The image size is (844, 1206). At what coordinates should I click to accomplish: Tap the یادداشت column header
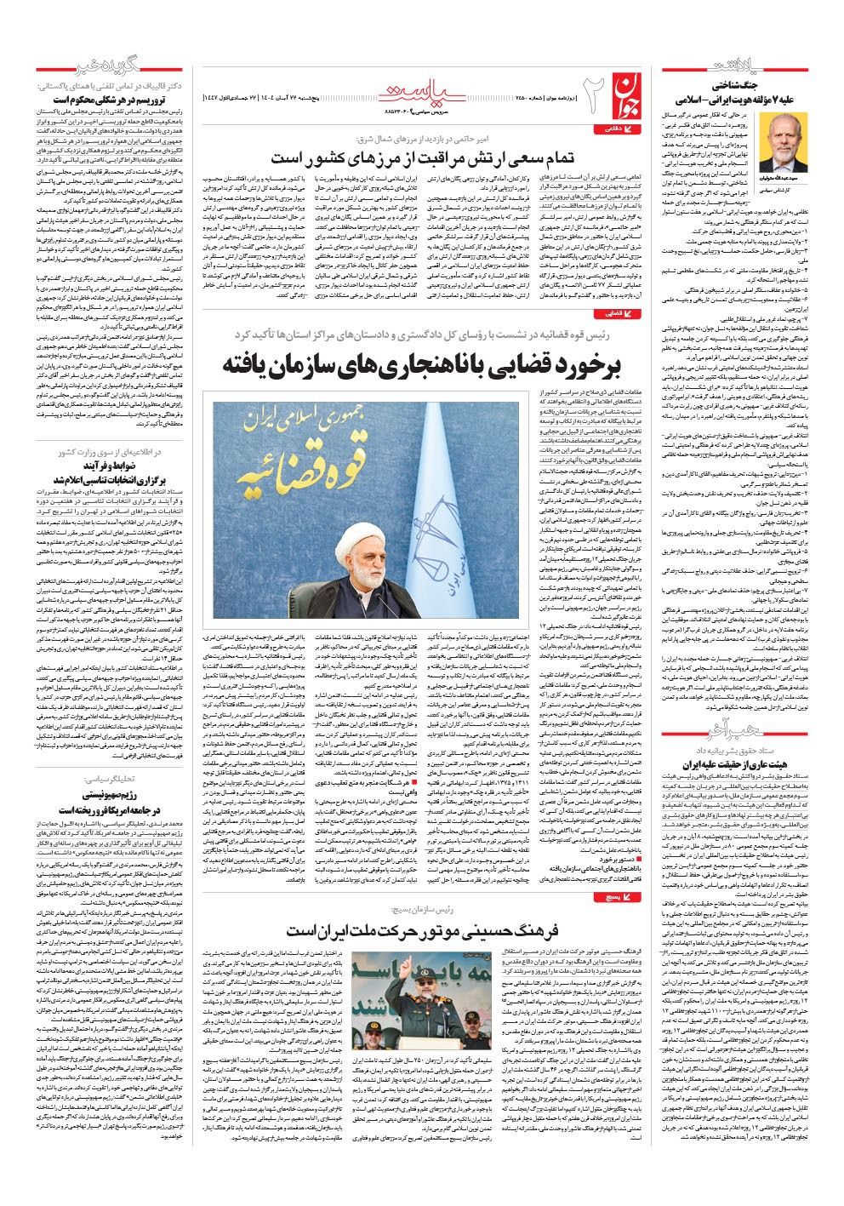[731, 67]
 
